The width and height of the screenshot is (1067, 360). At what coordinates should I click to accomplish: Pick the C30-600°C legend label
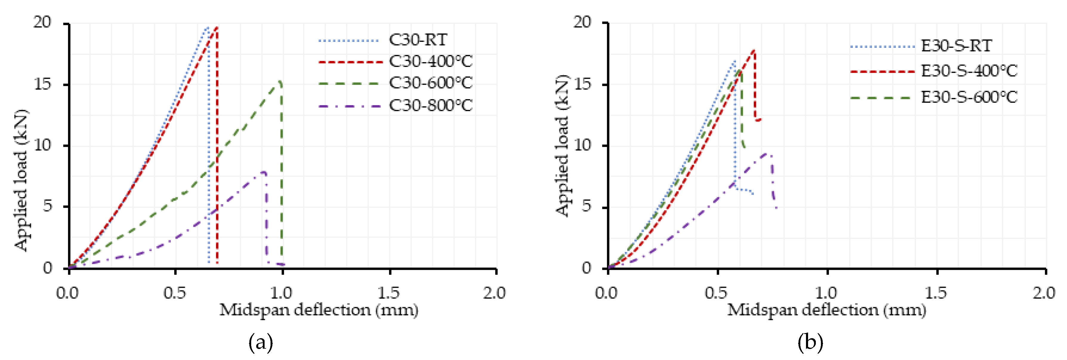point(430,83)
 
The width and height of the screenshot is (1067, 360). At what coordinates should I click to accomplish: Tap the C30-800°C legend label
point(430,106)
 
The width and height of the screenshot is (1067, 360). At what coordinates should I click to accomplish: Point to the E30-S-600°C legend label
point(969,97)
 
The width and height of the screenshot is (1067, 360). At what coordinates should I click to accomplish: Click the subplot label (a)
point(260,343)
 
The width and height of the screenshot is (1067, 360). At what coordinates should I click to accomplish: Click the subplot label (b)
point(810,343)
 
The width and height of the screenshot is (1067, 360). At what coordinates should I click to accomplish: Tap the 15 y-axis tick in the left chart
point(43,84)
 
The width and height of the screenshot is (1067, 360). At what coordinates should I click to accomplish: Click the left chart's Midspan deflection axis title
point(319,310)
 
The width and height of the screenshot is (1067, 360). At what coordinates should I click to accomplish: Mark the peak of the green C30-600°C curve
point(280,81)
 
